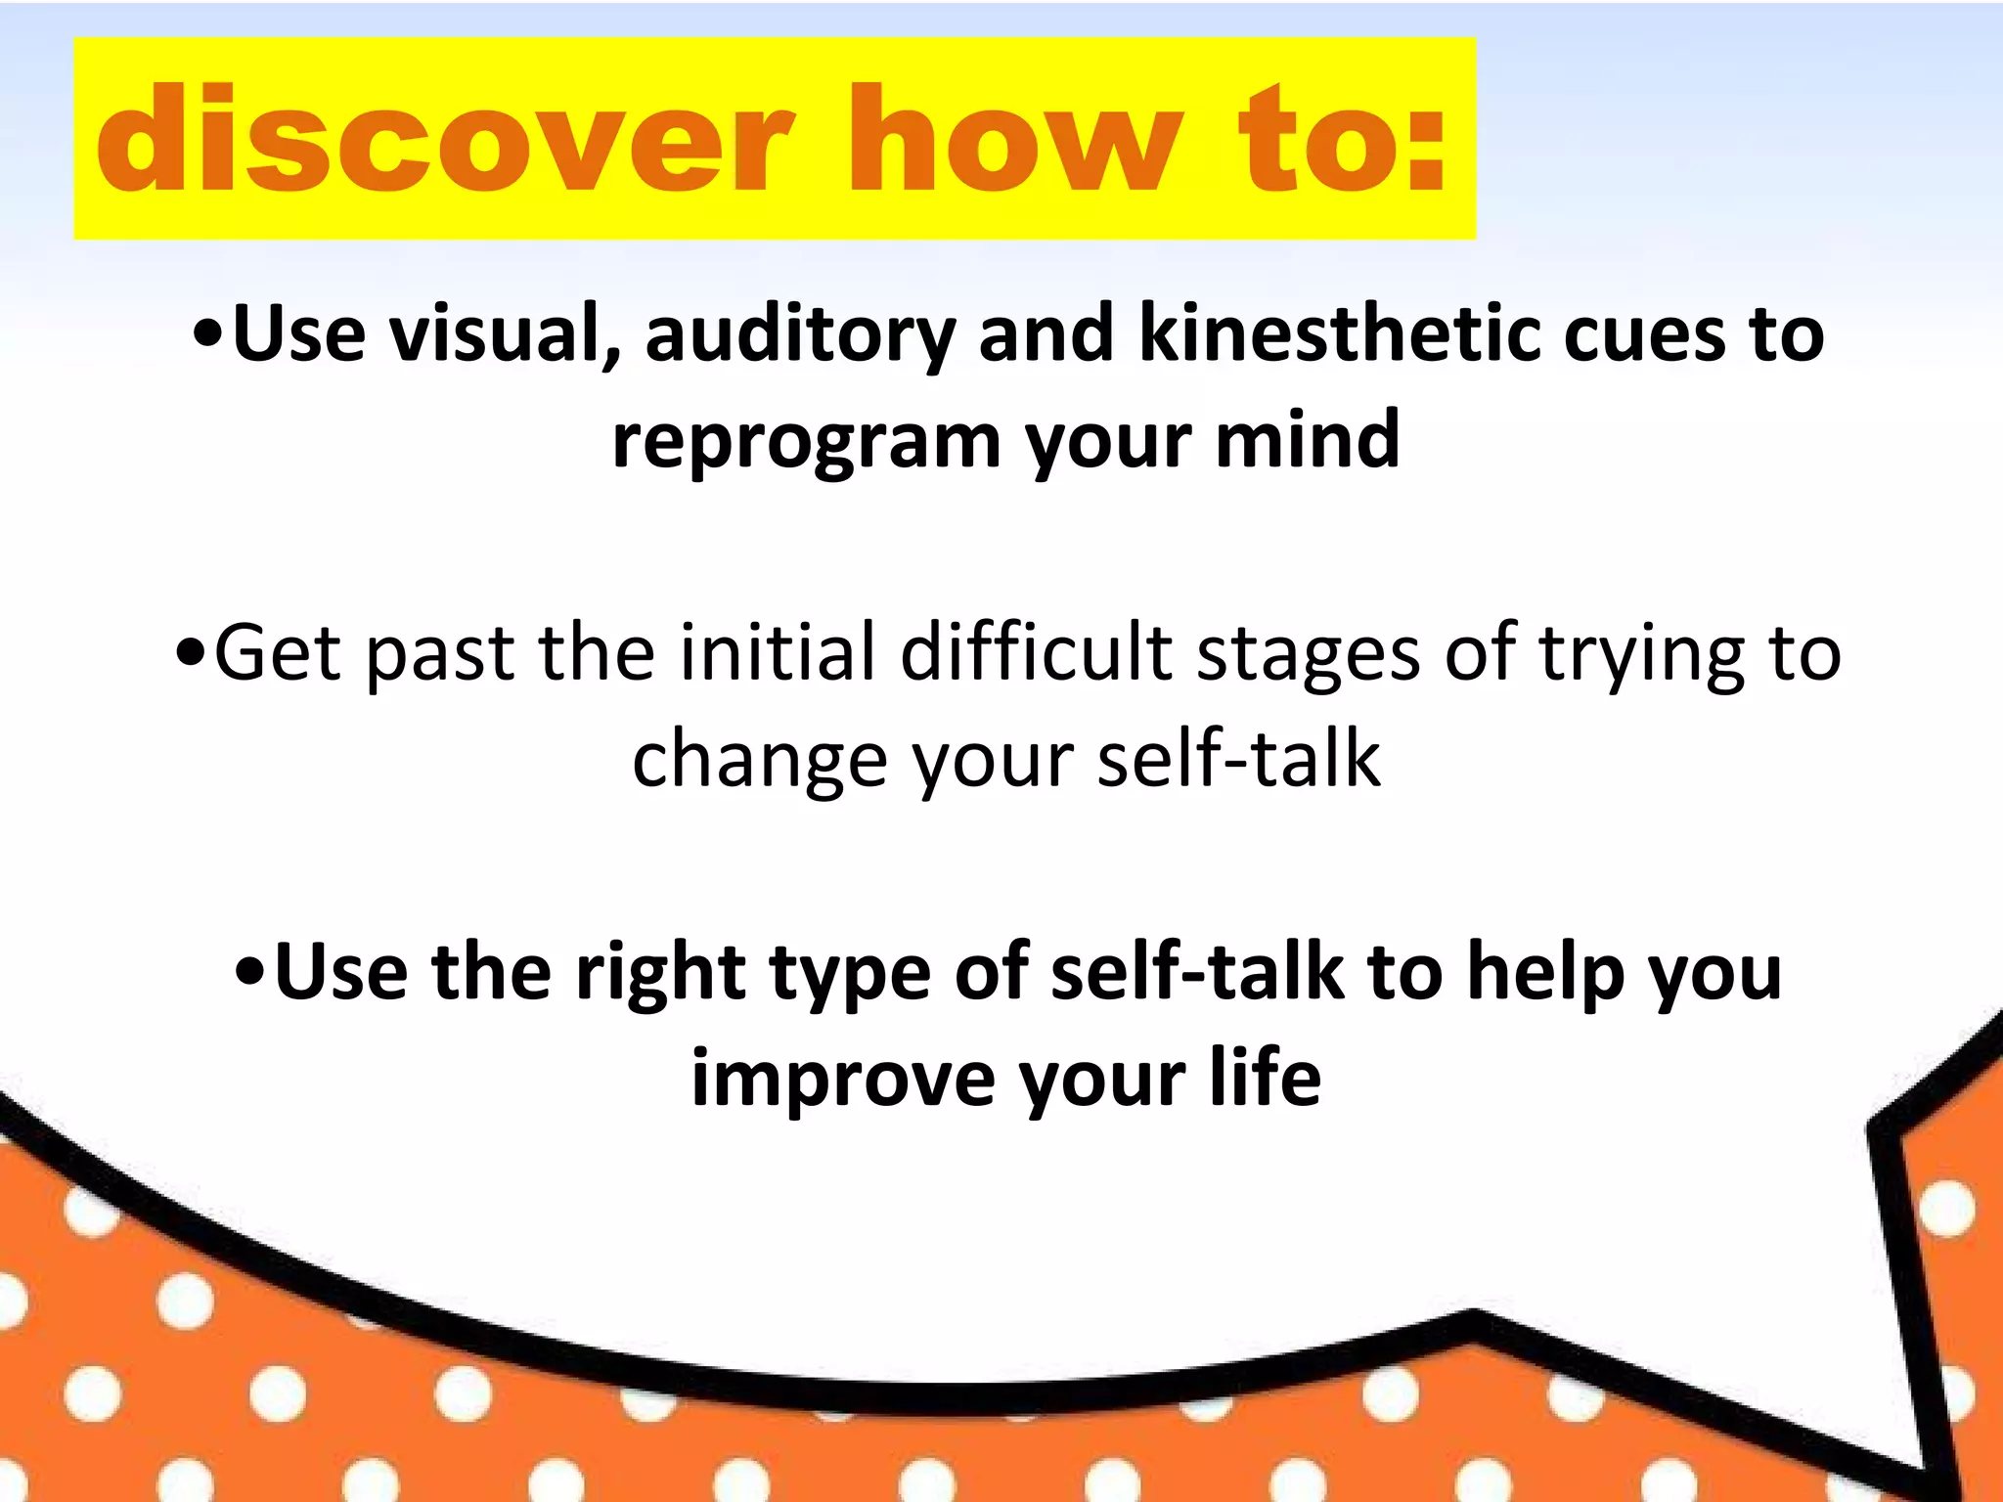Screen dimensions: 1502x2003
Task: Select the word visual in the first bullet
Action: click(x=505, y=334)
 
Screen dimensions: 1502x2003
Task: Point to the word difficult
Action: click(x=1036, y=653)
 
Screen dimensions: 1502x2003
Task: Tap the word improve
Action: click(x=841, y=1082)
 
